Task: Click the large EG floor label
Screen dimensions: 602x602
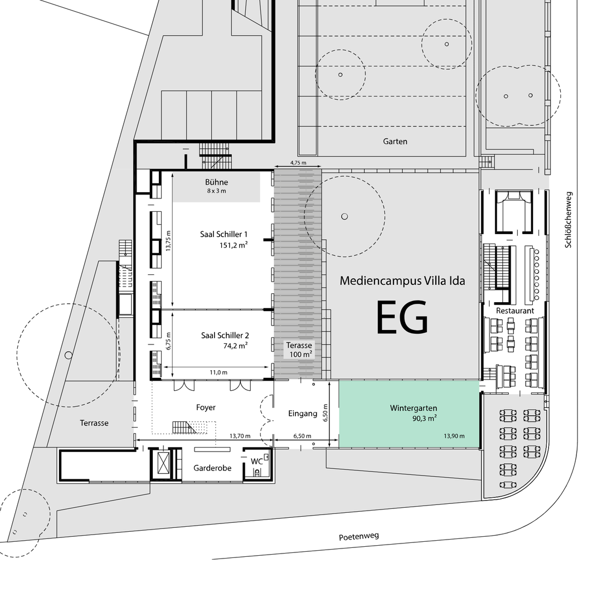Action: [402, 318]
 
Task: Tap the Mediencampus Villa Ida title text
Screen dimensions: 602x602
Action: [402, 280]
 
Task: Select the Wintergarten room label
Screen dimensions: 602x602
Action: [414, 408]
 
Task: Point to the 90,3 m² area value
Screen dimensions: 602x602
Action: [425, 419]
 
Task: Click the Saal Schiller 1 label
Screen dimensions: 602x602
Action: [224, 234]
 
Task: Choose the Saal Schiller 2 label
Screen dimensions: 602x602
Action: [225, 336]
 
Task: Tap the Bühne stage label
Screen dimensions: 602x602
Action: [216, 182]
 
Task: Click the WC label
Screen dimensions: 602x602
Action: [256, 462]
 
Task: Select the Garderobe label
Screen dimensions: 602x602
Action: [212, 468]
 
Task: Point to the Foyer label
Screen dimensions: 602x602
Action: [206, 407]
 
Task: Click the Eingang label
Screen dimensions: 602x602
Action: [303, 414]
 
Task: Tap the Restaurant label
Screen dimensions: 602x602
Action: [515, 310]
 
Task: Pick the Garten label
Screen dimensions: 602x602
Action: [395, 141]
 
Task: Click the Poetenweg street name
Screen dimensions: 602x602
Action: [359, 536]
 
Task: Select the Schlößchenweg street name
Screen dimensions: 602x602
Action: [568, 220]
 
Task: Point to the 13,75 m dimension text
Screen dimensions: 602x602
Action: [168, 241]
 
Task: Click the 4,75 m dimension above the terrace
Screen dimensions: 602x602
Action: [298, 163]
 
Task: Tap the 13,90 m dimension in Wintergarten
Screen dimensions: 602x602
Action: [454, 436]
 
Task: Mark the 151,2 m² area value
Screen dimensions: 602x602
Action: [234, 245]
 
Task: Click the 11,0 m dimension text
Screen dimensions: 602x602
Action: [219, 372]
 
